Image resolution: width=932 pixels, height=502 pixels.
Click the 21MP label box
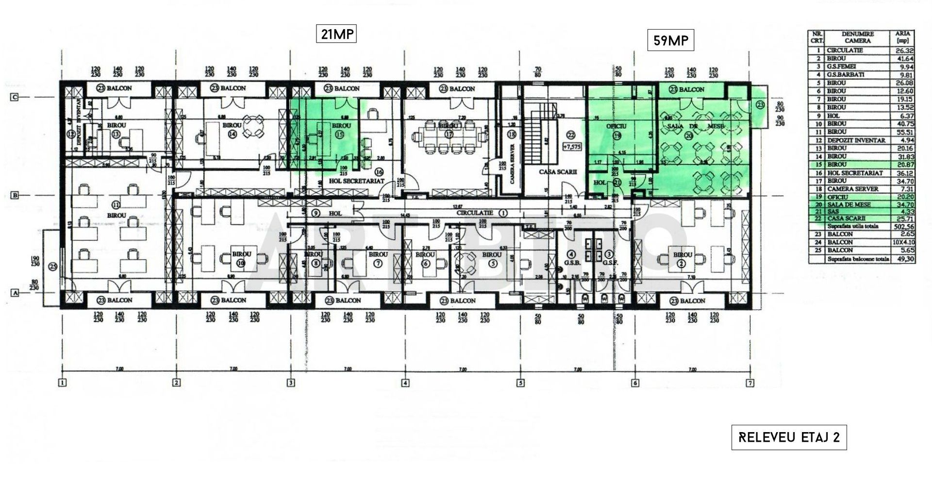(x=336, y=34)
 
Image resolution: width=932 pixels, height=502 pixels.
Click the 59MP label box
(x=671, y=40)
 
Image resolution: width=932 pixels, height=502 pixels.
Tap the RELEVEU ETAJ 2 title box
(x=789, y=437)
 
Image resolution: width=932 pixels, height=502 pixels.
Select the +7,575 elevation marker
(x=571, y=146)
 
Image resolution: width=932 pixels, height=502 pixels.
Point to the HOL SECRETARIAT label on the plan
(x=356, y=181)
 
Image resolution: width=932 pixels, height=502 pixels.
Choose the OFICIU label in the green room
(x=616, y=126)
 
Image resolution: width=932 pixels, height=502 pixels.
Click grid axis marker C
(x=15, y=97)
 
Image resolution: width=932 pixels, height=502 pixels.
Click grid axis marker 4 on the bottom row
(x=405, y=383)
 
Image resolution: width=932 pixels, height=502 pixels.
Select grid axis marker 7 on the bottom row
(x=750, y=383)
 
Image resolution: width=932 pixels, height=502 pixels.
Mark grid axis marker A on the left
(x=15, y=293)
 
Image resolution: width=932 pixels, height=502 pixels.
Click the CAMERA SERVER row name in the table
(x=852, y=189)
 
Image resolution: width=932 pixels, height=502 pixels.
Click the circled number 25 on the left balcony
(x=52, y=266)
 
